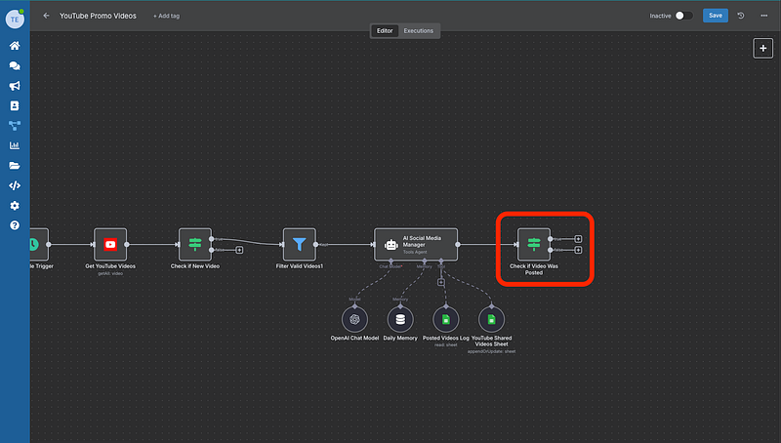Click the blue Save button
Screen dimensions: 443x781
click(x=715, y=16)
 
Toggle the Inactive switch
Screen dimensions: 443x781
click(x=684, y=16)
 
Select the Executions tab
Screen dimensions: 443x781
click(x=419, y=31)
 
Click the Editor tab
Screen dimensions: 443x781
click(x=385, y=31)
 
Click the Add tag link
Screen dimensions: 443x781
click(x=167, y=17)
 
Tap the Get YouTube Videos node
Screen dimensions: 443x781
click(x=110, y=245)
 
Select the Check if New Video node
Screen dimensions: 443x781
click(x=194, y=245)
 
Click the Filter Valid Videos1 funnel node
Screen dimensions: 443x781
click(x=299, y=245)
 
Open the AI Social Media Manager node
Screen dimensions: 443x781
click(x=415, y=245)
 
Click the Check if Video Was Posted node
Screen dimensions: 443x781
click(x=533, y=245)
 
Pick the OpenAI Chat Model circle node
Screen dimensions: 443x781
click(x=353, y=319)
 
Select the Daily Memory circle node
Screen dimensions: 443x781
click(x=399, y=319)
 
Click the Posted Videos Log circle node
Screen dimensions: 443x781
click(x=445, y=319)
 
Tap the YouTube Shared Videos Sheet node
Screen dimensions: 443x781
click(x=491, y=319)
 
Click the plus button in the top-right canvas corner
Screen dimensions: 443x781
click(x=762, y=49)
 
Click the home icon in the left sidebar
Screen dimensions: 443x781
click(x=15, y=46)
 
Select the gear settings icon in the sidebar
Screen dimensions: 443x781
click(x=15, y=206)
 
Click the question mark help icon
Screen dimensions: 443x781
click(x=15, y=225)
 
